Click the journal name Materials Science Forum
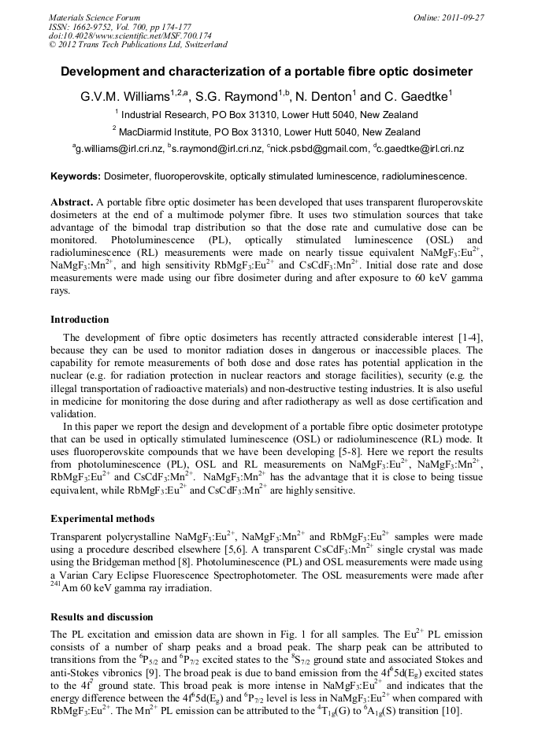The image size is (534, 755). pos(95,17)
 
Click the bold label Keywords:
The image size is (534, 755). pos(76,176)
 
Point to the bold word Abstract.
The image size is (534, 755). pos(72,202)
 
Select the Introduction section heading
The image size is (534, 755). pos(80,320)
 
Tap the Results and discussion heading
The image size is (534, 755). pos(102,616)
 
